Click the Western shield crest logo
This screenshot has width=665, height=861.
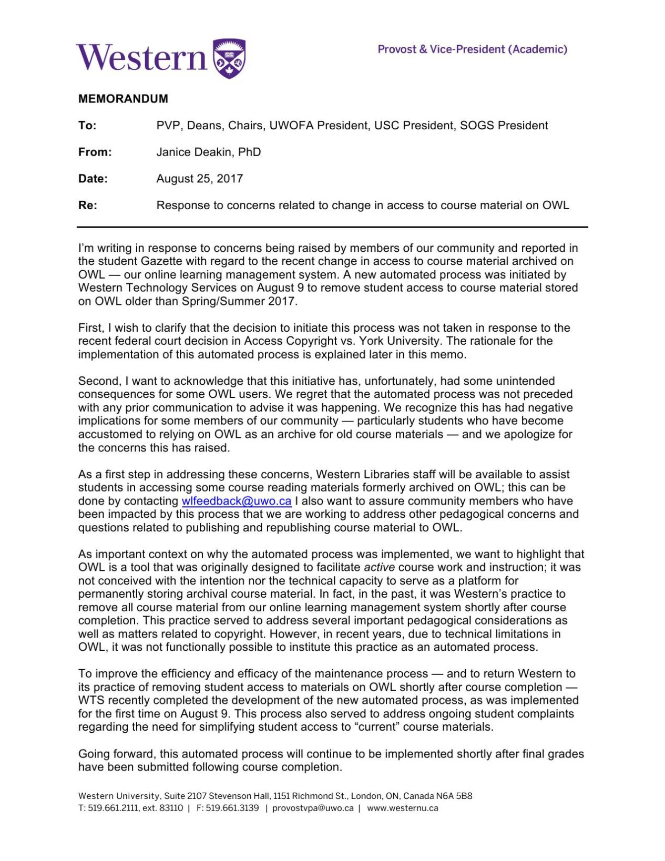tap(229, 58)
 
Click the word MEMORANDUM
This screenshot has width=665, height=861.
tap(123, 99)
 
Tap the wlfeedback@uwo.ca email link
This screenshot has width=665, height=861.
tap(236, 501)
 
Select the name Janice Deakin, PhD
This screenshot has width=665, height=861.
tap(208, 152)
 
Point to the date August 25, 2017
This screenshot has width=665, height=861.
tap(199, 179)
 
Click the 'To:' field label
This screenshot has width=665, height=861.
tap(87, 126)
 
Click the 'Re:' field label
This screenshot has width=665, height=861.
tap(88, 206)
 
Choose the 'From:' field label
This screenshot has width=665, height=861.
tap(95, 152)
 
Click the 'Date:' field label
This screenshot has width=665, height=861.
tap(93, 179)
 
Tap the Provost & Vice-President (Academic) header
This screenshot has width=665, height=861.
tap(472, 49)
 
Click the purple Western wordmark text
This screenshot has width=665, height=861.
tap(141, 58)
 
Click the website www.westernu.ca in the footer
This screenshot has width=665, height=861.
tap(402, 808)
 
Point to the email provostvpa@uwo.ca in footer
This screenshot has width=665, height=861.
tap(313, 808)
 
